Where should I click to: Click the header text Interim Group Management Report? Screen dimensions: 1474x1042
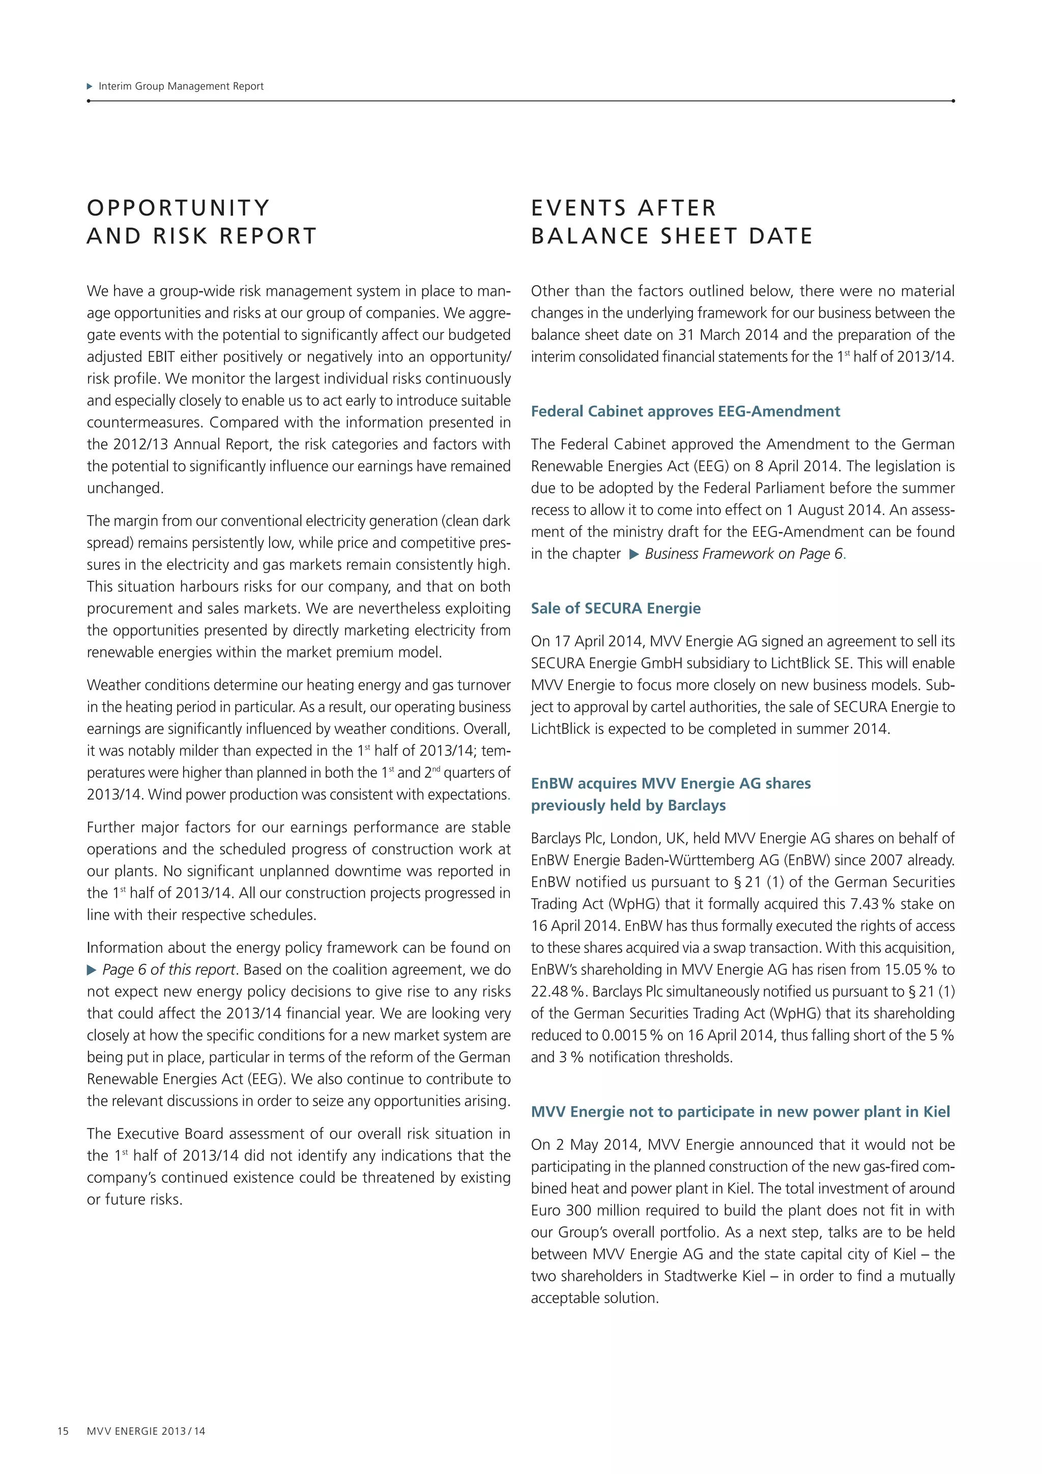tap(181, 86)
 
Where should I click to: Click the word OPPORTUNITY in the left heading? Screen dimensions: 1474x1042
tap(179, 208)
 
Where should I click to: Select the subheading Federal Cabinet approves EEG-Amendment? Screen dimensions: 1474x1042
tap(685, 412)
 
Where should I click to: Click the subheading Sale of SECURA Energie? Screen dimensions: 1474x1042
tap(615, 609)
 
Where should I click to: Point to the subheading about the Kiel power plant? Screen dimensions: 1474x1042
tap(740, 1112)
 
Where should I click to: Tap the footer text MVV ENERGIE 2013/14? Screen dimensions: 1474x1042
tap(147, 1431)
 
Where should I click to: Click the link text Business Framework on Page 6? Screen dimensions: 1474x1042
tap(744, 554)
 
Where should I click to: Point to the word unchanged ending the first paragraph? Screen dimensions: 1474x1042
tap(125, 489)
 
